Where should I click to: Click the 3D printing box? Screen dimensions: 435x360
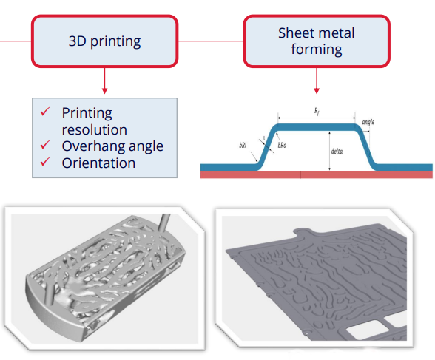point(104,41)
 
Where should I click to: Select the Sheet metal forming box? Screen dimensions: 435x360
point(317,41)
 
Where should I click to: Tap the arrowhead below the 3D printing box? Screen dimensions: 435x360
point(104,91)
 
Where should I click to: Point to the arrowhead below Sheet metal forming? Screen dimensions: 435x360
point(317,91)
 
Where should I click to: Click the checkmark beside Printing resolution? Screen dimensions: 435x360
point(45,112)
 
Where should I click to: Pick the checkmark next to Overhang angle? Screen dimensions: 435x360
point(45,145)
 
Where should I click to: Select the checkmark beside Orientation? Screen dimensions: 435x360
point(45,162)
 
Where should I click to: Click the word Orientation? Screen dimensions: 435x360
point(98,163)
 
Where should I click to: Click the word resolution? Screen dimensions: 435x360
point(95,129)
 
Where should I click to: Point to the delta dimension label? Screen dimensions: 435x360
point(337,152)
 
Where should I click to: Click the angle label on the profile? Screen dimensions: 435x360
point(368,122)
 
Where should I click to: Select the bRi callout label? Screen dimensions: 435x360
point(243,145)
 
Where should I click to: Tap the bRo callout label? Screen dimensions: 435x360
point(282,145)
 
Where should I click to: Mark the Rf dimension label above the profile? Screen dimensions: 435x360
point(317,112)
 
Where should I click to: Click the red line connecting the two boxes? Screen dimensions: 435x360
point(211,41)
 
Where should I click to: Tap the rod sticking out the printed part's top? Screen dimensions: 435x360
point(164,223)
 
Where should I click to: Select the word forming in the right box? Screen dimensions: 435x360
point(317,50)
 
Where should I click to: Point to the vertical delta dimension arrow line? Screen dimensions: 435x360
point(330,151)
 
